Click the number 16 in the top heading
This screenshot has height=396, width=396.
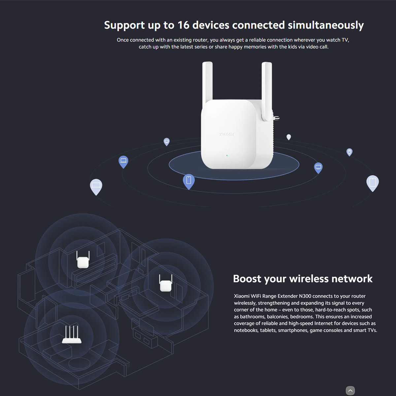183,25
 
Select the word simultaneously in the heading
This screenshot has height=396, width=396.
326,25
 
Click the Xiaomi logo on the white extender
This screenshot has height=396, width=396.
226,134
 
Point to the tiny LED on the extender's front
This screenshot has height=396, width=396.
227,155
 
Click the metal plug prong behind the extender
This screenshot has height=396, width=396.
277,118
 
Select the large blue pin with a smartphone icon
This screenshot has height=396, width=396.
189,181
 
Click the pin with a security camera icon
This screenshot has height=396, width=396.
349,152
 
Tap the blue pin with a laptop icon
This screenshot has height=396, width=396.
123,162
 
